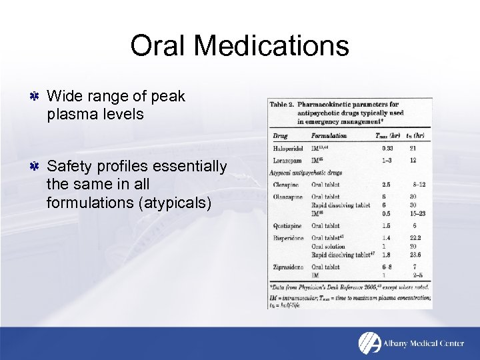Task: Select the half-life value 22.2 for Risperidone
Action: (417, 238)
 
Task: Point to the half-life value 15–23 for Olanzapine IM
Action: (417, 213)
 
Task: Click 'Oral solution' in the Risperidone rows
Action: (329, 246)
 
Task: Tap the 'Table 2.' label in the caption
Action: (282, 105)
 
